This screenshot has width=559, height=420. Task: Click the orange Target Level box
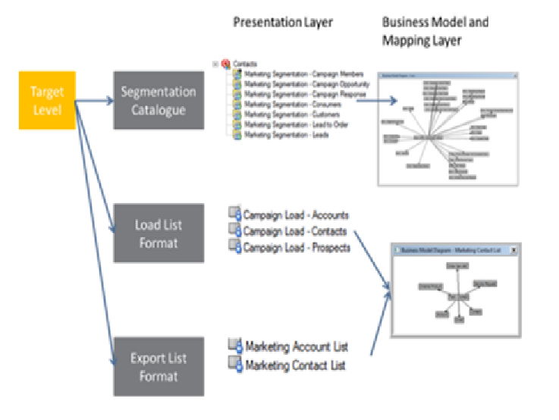46,101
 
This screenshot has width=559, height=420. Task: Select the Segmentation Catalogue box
159,101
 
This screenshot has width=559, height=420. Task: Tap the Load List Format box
159,233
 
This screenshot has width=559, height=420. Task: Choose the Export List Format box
159,367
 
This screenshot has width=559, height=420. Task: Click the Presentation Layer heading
282,22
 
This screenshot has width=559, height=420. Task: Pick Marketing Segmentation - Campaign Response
306,94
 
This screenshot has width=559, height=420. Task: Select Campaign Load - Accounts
295,216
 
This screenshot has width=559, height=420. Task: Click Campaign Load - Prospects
297,247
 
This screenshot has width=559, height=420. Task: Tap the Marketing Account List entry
296,347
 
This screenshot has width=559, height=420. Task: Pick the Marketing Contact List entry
295,365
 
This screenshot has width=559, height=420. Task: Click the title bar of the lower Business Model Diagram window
448,249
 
